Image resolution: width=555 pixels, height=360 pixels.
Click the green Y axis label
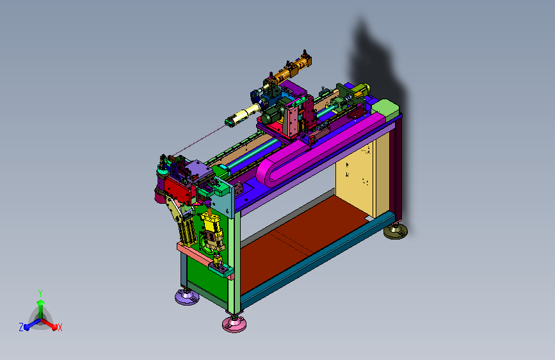click(x=40, y=293)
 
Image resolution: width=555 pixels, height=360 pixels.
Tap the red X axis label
click(x=60, y=327)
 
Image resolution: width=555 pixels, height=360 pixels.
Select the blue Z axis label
click(x=21, y=327)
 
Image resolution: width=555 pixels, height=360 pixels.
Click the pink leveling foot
click(x=234, y=323)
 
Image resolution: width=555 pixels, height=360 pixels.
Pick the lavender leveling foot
click(x=187, y=297)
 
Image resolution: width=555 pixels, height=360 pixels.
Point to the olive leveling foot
click(x=396, y=231)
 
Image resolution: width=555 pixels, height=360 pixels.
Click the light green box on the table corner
click(x=385, y=108)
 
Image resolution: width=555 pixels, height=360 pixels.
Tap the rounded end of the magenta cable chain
click(x=266, y=172)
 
